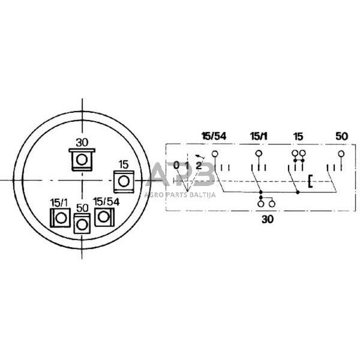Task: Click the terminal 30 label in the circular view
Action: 82,143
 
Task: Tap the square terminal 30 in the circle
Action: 82,160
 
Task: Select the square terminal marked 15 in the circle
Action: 124,182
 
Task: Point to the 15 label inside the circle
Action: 124,164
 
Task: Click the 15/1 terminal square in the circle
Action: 61,218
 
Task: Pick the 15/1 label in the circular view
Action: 59,203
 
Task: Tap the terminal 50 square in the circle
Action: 82,224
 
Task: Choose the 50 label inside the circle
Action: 82,208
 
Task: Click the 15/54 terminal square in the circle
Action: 104,217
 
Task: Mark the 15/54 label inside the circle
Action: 106,202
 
